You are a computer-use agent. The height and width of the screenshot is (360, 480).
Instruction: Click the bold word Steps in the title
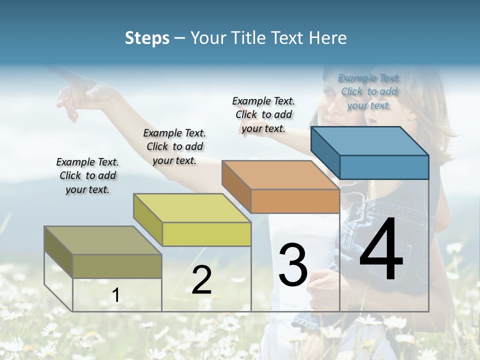point(147,38)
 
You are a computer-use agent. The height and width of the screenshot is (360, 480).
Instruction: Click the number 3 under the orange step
point(293,264)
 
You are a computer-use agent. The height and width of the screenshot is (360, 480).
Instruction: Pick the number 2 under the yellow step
point(201,280)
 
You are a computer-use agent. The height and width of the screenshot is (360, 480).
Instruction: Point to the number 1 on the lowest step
point(115,295)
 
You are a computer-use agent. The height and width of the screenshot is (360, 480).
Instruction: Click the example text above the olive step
point(87,175)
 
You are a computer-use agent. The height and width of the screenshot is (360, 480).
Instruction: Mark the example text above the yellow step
point(174,146)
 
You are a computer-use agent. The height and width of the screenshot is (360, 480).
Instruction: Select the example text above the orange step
point(263,114)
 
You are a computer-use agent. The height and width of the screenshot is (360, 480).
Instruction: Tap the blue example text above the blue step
point(369,91)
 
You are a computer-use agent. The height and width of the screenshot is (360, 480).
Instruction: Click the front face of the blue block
point(384,167)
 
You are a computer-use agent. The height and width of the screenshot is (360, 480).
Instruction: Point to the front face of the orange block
point(295,201)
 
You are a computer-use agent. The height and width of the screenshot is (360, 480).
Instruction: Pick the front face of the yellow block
point(206,234)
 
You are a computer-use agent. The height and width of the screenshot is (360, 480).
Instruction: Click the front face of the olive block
point(117,266)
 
